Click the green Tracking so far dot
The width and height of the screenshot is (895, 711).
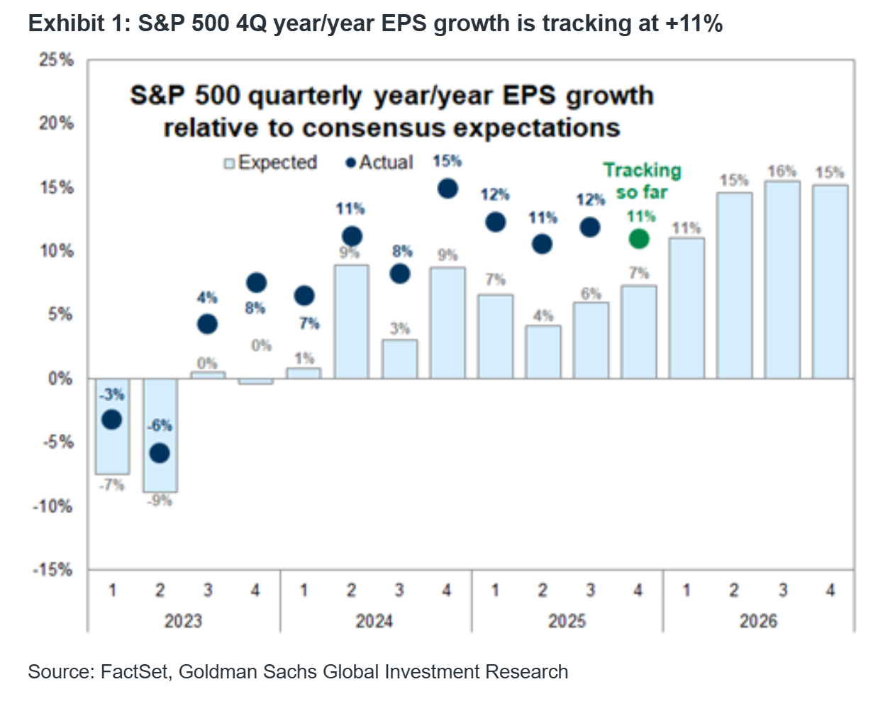[639, 239]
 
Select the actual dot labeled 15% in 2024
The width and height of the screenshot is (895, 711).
[448, 189]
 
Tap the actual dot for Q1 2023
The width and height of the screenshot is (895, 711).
[112, 420]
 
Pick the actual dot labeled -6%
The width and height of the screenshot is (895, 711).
[160, 453]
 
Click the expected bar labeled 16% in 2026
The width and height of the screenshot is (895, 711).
[782, 280]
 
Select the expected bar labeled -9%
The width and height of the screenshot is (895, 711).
[160, 435]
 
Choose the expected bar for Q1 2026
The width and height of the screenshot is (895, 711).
[686, 308]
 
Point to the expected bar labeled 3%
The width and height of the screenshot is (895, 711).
[399, 359]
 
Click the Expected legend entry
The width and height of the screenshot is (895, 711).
[270, 163]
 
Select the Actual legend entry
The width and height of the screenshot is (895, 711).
[379, 163]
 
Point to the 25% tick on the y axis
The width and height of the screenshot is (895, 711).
[57, 60]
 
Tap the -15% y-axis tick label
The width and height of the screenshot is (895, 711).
[53, 570]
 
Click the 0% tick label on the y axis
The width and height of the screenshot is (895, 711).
[60, 379]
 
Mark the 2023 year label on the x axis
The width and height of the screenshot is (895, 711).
[183, 622]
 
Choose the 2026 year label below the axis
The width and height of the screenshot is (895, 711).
[758, 622]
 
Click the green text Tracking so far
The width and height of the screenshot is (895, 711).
[642, 181]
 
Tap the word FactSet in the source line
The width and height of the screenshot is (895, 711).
[135, 672]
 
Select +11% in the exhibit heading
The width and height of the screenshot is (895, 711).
[694, 23]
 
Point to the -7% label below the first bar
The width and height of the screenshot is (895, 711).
[112, 486]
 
